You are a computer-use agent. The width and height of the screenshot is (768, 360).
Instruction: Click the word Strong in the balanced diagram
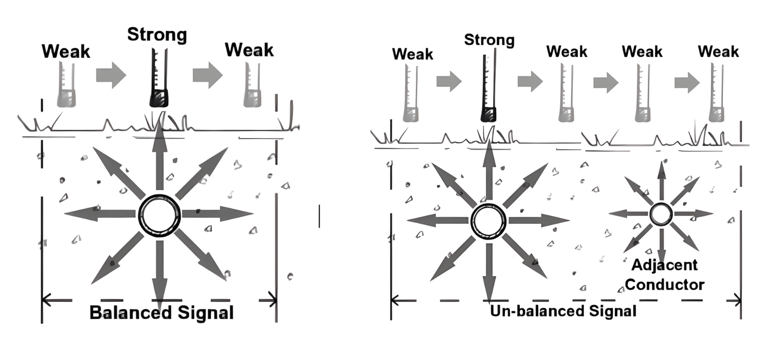click(157, 35)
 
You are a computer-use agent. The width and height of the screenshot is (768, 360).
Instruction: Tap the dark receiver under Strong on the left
click(159, 80)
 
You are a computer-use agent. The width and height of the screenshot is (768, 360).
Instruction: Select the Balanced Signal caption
click(162, 312)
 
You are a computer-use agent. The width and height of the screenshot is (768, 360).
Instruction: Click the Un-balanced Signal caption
click(563, 311)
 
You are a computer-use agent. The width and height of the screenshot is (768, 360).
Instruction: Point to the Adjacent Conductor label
click(664, 275)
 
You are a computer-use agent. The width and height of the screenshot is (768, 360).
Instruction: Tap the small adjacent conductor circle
click(661, 214)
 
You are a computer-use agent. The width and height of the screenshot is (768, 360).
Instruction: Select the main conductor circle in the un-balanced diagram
click(488, 220)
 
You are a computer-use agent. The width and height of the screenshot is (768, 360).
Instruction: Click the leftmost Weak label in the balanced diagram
click(66, 52)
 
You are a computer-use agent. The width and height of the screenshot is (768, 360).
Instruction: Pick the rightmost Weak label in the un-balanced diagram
click(718, 52)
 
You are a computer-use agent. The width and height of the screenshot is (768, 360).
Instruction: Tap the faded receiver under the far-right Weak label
click(716, 94)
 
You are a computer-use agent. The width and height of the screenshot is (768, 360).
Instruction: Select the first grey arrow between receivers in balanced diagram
click(111, 75)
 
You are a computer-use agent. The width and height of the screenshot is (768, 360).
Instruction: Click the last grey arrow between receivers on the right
click(687, 83)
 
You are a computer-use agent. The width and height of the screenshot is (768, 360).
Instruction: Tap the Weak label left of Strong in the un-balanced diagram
click(412, 54)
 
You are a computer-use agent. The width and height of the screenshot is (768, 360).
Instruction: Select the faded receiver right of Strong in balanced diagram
click(253, 86)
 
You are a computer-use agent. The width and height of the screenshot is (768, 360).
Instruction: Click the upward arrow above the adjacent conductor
click(662, 180)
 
